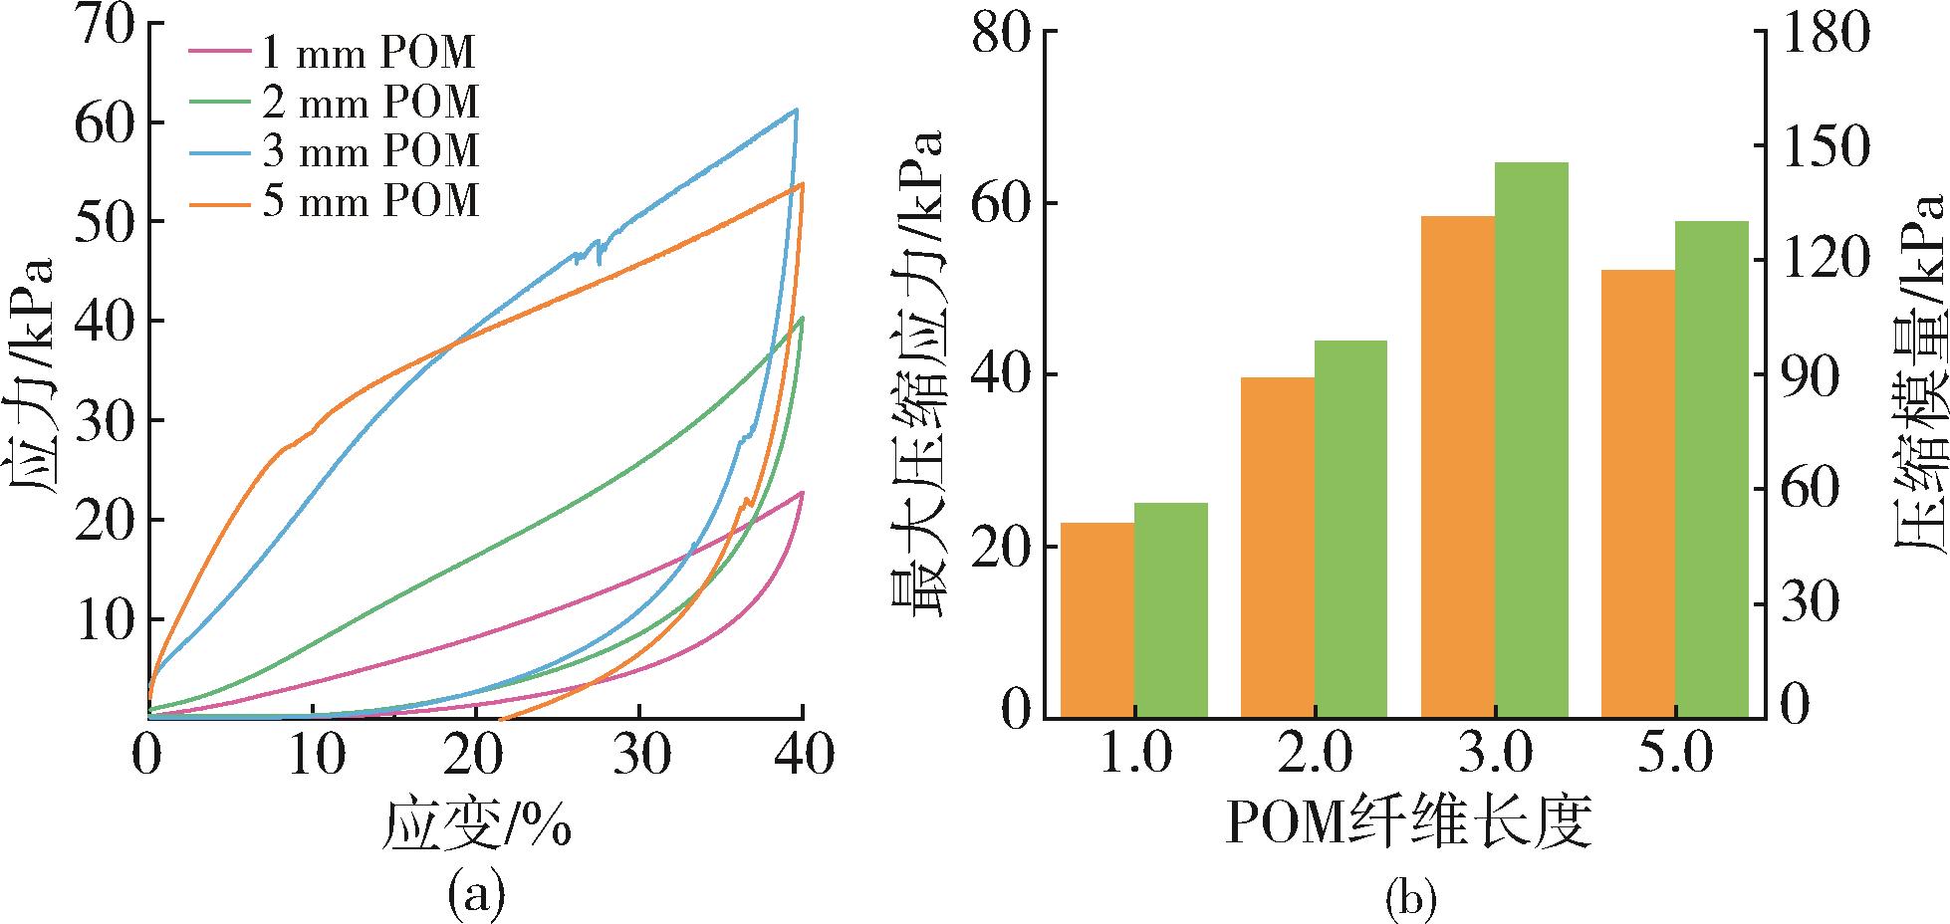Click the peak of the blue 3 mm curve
796,110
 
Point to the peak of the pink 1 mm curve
802,492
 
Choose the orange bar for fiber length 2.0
1277,547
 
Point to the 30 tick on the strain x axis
639,757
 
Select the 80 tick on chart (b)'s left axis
1000,34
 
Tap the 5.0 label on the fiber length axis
1675,757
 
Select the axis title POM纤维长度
1406,820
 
